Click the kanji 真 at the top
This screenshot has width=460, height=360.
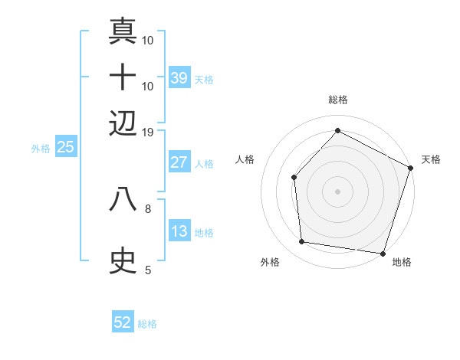coord(123,31)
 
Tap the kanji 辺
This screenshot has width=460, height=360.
coord(123,123)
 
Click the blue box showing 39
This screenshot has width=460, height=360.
coord(179,77)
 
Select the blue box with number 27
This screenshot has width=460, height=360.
coord(179,162)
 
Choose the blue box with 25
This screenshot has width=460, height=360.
coord(66,147)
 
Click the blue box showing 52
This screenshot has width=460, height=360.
coord(123,322)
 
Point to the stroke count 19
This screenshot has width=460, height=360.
coord(148,132)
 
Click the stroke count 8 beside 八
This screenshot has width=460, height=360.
coord(148,207)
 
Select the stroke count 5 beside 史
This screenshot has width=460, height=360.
coord(148,270)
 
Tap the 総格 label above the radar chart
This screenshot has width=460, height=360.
coord(337,100)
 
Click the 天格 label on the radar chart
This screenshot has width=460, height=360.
coord(431,159)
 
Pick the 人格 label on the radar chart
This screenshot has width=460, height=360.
coord(245,159)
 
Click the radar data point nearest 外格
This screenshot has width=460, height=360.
coord(303,242)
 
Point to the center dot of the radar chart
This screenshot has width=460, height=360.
coord(337,191)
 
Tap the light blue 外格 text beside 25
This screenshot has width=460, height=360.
coord(41,149)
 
